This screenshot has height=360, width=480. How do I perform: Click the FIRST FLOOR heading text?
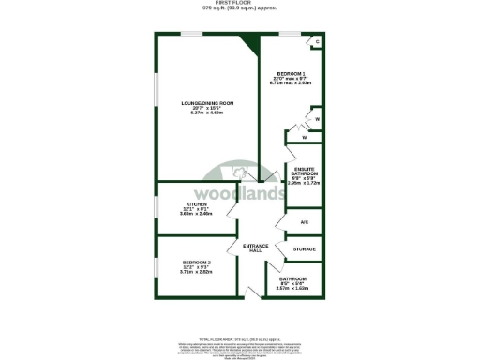pos(240,4)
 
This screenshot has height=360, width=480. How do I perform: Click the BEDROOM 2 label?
pos(196,262)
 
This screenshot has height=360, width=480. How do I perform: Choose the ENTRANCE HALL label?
pos(256,247)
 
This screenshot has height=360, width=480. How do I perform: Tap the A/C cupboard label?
pos(304,221)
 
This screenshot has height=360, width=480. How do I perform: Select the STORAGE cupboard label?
pos(304,248)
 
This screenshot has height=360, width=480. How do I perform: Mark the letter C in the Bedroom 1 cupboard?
pos(318,42)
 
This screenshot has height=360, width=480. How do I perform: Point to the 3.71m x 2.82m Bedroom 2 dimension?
pos(196,272)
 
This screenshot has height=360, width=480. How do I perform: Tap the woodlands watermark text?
pos(241,194)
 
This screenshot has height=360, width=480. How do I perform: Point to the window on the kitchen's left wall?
pos(157,208)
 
